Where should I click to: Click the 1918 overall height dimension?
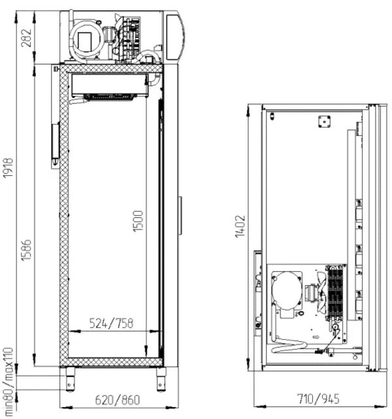point(8,167)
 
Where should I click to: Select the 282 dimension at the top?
point(26,38)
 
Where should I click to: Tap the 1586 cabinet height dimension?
point(26,250)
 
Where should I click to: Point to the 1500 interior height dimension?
point(138,221)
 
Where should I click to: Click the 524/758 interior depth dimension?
point(111,323)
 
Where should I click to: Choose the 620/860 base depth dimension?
point(118,400)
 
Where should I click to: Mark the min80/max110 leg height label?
point(8,382)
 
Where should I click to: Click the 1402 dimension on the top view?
point(240,226)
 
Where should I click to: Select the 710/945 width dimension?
point(318,399)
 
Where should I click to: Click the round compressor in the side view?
point(86,40)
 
